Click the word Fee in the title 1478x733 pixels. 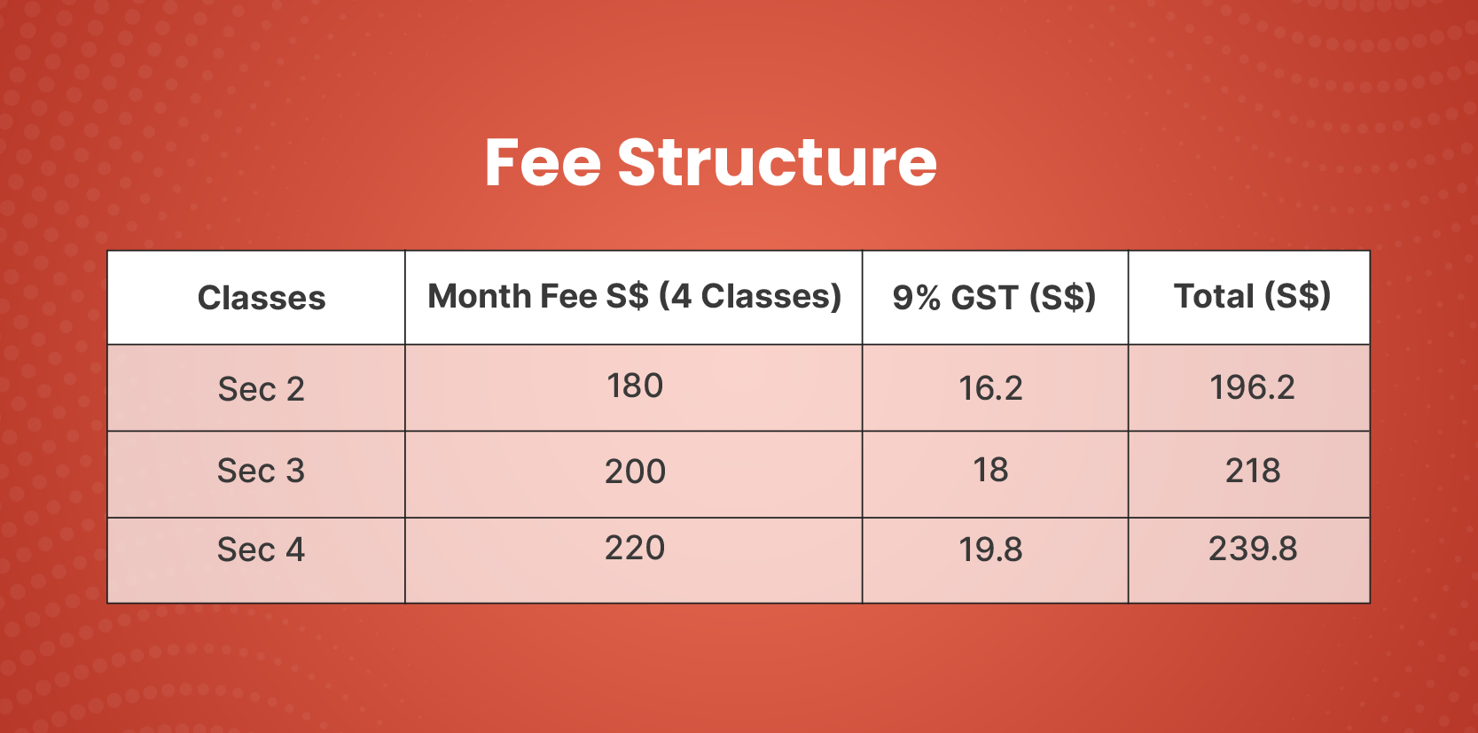point(543,162)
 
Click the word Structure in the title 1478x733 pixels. point(778,162)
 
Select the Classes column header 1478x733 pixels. point(262,298)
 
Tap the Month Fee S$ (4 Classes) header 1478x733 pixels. point(634,296)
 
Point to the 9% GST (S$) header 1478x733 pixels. point(994,297)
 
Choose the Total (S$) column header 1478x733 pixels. point(1252,296)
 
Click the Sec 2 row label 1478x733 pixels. point(262,388)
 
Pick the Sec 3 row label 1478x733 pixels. point(262,471)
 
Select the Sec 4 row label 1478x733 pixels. point(262,549)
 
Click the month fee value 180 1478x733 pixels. point(635,386)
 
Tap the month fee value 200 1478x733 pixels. point(635,472)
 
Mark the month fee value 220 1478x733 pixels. point(635,548)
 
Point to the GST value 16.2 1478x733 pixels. point(990,388)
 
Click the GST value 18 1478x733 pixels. point(990,470)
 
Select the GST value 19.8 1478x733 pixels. point(990,550)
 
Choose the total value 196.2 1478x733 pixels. point(1252,387)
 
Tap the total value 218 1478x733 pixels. point(1252,471)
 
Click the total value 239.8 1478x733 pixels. point(1252,549)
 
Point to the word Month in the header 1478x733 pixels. point(479,295)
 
